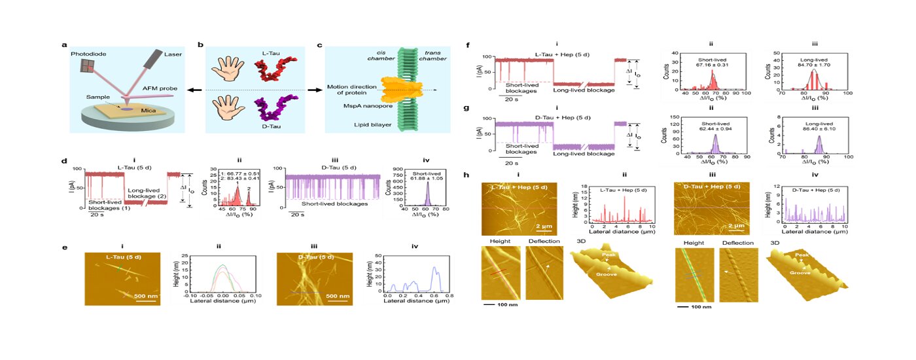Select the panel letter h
(x=467, y=175)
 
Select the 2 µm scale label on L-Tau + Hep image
(x=548, y=226)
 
